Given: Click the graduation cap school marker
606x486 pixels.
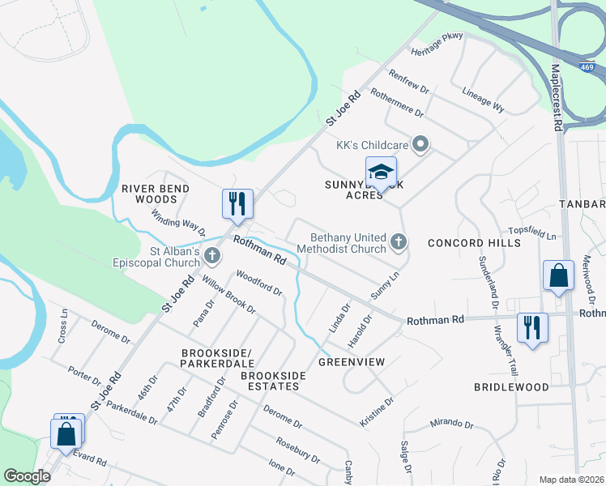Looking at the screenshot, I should click(381, 173).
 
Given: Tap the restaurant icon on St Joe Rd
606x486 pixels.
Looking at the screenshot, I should click(237, 205).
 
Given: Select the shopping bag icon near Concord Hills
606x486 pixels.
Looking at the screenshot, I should click(559, 276).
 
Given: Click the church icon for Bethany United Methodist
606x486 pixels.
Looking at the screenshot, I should click(398, 241).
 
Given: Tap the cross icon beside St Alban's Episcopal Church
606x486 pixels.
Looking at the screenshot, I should click(212, 256).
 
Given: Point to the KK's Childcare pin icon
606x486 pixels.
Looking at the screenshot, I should click(420, 146).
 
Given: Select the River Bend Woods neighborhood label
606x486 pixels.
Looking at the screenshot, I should click(156, 194).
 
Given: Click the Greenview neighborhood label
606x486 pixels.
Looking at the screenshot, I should click(350, 361).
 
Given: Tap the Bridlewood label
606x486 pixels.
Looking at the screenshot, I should click(511, 387).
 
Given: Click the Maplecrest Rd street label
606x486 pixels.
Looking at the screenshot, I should click(557, 97).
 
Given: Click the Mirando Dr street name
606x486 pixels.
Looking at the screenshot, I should click(451, 424).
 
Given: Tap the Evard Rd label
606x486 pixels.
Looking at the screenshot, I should click(90, 459).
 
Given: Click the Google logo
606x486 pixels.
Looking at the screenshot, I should click(28, 476).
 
